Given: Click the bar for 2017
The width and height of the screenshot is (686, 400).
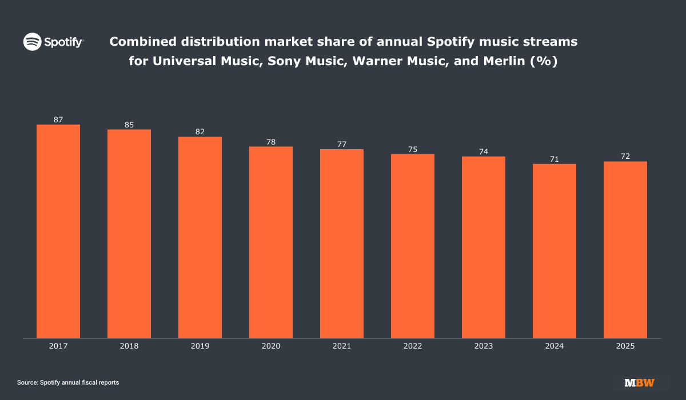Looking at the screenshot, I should tap(58, 231).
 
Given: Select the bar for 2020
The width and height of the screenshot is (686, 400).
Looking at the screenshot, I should tap(271, 242).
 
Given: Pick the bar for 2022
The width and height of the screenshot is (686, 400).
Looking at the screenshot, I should tap(413, 246).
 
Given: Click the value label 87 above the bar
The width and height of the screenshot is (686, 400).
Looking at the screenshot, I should tap(58, 119).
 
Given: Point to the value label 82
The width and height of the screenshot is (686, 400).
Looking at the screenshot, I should tap(200, 131).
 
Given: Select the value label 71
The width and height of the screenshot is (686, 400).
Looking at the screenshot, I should tap(555, 159).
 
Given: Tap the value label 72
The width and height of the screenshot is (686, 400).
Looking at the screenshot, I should tap(625, 156).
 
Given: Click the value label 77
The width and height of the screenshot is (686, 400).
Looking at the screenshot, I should tap(342, 144).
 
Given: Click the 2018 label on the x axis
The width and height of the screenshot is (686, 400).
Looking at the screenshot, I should tap(129, 346).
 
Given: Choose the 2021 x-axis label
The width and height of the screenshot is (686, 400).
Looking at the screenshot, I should tap(342, 346).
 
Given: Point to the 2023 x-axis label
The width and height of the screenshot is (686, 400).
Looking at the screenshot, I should tap(484, 346).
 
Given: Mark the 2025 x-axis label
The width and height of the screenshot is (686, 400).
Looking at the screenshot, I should tap(625, 346).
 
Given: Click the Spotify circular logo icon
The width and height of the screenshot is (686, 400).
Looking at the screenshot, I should tap(32, 42).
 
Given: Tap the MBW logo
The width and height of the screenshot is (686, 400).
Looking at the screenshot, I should tap(640, 382).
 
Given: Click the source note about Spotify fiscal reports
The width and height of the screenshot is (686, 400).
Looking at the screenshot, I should tap(68, 382).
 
